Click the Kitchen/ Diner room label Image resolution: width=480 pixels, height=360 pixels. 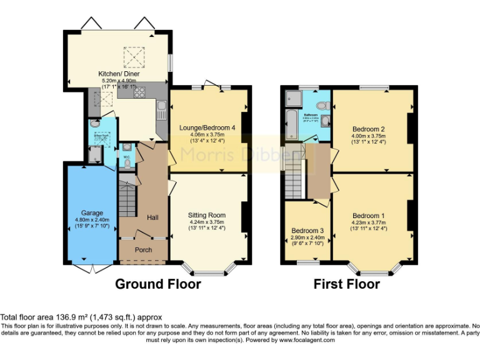(x=119, y=74)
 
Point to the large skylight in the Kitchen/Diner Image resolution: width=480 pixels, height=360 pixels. (x=132, y=57)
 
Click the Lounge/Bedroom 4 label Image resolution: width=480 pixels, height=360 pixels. (x=207, y=127)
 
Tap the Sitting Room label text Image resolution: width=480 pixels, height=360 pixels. (x=206, y=215)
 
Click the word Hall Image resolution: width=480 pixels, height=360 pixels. (x=152, y=217)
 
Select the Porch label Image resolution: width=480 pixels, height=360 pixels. (x=144, y=250)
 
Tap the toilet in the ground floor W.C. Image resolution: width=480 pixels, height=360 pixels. (x=127, y=163)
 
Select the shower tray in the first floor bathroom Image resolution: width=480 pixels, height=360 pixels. (x=292, y=99)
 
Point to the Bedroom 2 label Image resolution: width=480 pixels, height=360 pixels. (x=368, y=129)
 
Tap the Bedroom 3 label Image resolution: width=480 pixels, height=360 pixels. (x=307, y=230)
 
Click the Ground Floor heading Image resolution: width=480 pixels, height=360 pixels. (x=158, y=284)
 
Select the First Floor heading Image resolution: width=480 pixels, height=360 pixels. (x=346, y=284)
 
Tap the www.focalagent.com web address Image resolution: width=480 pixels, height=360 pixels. (x=307, y=341)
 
